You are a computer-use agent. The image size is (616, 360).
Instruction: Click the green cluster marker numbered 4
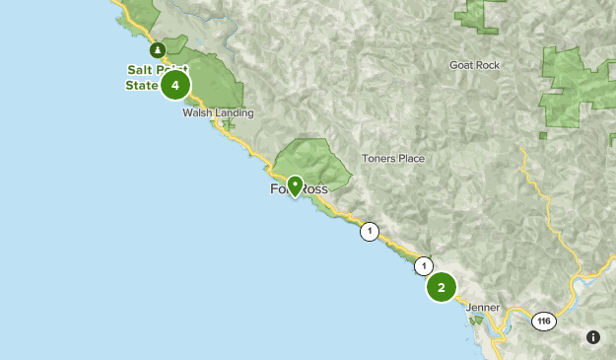(174, 86)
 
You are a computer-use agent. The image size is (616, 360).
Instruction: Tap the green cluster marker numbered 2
(442, 287)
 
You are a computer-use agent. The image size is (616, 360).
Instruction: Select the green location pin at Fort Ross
(294, 185)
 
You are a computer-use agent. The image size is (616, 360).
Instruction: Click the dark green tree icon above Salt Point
(156, 50)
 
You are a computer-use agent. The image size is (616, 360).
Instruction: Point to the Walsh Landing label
(218, 113)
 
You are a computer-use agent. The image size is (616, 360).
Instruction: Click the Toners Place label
(393, 159)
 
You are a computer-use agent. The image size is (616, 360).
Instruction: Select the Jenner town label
(483, 308)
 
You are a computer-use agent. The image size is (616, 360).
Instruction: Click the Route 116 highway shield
(543, 322)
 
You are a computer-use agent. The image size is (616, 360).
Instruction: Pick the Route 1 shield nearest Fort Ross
(369, 233)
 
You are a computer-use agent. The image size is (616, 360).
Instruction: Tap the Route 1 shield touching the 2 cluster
(424, 265)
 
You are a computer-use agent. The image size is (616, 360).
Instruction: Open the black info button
(593, 337)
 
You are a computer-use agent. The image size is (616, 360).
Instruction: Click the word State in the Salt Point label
(141, 86)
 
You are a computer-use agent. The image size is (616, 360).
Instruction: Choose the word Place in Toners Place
(410, 159)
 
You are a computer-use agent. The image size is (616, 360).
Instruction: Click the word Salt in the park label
(139, 69)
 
